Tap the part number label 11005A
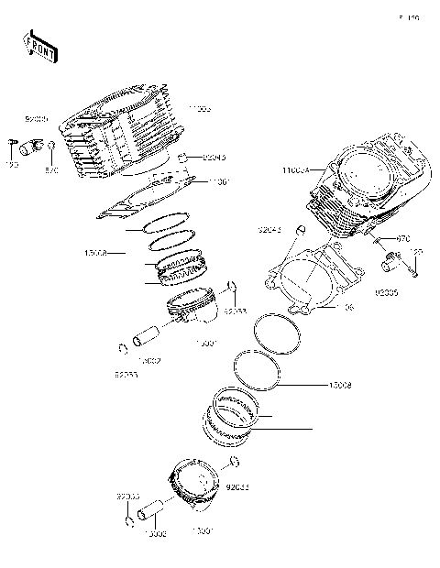pos(295,170)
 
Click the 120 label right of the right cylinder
pos(416,252)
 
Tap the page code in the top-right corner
pos(408,17)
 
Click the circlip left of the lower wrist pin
pos(129,522)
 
